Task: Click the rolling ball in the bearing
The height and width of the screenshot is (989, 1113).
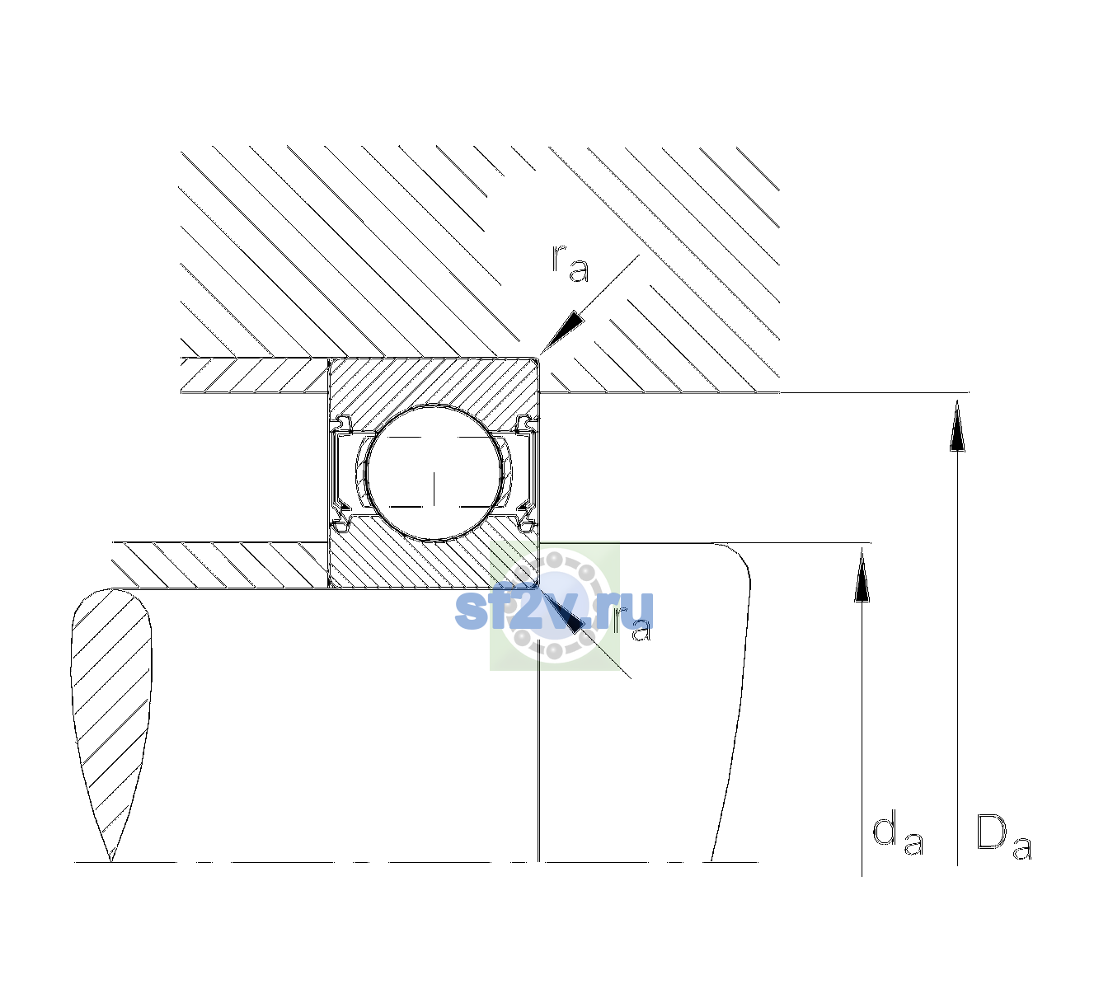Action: pyautogui.click(x=434, y=473)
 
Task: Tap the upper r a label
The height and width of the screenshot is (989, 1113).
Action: pyautogui.click(x=571, y=264)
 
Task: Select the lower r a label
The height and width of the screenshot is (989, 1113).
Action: pyautogui.click(x=632, y=625)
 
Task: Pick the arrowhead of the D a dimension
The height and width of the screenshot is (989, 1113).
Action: pyautogui.click(x=957, y=425)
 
